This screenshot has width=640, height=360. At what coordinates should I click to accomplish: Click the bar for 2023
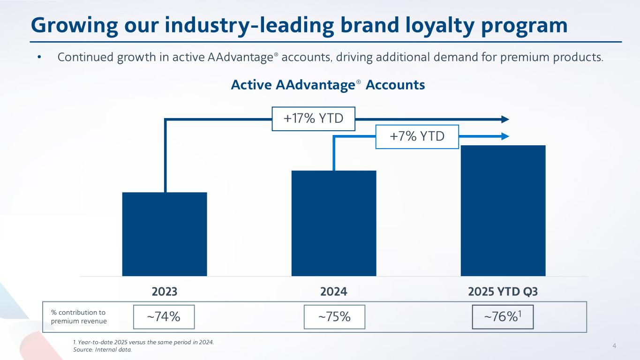165,234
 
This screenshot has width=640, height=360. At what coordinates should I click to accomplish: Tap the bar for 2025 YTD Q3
503,210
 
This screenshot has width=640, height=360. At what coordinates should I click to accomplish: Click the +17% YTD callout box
314,119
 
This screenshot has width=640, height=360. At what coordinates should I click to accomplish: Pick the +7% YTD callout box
417,136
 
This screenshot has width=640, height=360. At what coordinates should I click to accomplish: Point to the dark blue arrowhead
505,119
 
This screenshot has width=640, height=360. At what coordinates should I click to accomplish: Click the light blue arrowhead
505,136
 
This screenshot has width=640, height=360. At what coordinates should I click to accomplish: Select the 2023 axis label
165,292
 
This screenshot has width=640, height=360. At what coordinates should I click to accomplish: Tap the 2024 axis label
334,292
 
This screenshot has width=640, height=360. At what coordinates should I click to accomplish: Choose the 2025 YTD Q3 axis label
503,292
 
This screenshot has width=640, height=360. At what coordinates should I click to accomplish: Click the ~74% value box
164,317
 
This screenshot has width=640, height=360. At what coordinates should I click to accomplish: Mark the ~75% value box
334,317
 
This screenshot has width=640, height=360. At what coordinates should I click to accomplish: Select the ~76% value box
503,317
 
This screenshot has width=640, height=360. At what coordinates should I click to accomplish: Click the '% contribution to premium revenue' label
79,317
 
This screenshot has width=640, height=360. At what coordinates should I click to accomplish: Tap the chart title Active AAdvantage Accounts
328,85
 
